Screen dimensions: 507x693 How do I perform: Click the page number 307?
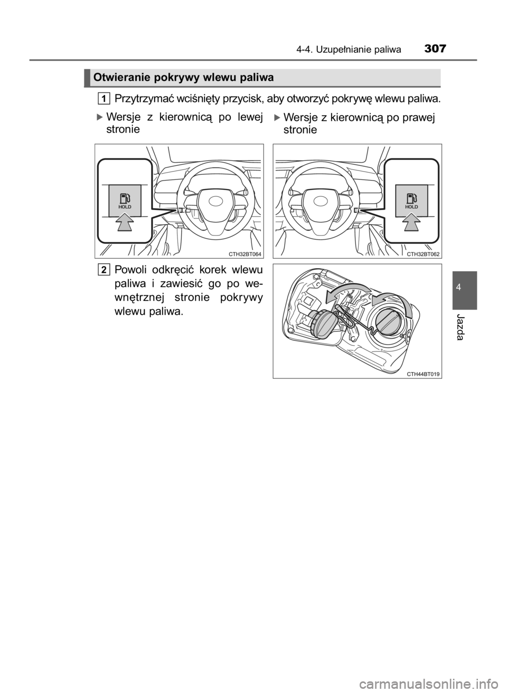point(436,49)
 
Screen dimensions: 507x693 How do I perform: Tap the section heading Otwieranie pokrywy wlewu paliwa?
point(184,78)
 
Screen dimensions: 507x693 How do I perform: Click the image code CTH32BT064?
point(245,254)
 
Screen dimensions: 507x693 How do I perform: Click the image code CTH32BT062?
point(423,254)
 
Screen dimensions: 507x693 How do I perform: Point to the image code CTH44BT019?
point(423,374)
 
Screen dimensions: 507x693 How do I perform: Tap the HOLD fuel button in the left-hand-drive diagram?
point(125,201)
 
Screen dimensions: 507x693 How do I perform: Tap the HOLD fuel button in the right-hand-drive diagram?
point(411,201)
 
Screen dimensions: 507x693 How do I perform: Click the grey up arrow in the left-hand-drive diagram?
point(125,223)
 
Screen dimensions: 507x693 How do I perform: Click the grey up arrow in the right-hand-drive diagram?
point(412,223)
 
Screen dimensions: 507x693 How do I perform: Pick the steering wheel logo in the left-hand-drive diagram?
point(216,202)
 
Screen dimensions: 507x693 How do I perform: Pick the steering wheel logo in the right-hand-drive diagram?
point(321,202)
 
